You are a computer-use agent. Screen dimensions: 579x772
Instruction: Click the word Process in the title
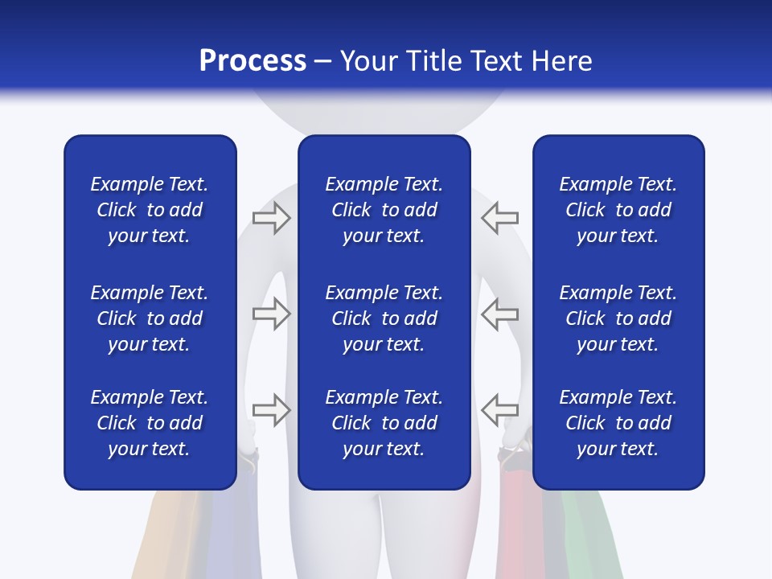pos(253,61)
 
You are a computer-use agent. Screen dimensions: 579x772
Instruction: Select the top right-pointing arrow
pos(272,218)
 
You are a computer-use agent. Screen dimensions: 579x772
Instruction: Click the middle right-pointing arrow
pos(272,314)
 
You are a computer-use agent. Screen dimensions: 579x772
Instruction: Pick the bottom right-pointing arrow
pos(272,409)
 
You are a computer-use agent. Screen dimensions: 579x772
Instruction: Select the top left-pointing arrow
pos(499,217)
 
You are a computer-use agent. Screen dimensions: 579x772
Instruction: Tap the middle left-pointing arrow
pos(499,314)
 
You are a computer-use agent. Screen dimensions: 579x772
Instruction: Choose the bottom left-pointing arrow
pos(499,409)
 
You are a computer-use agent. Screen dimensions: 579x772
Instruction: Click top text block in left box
pos(150,210)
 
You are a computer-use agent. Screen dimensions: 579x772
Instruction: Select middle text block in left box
pos(150,318)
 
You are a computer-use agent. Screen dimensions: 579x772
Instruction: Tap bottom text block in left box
pos(150,423)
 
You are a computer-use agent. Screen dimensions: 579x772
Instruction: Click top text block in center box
pos(384,210)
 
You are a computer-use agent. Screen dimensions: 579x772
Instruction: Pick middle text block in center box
pos(384,318)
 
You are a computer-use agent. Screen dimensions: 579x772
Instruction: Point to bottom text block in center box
pos(384,423)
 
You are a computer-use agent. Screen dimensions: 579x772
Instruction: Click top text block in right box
pos(618,210)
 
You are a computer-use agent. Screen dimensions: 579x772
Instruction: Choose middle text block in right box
pos(618,318)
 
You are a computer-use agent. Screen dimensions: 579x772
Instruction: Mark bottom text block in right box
pos(618,423)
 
